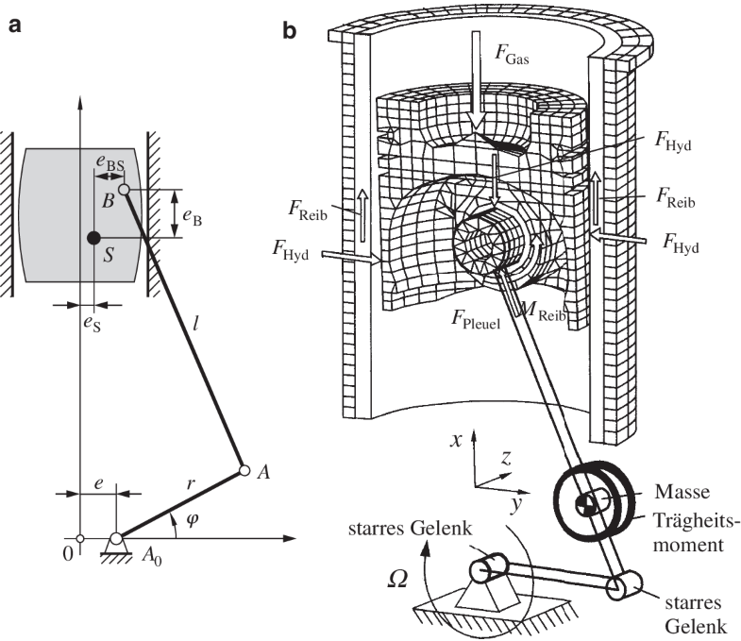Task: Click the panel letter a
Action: [x=15, y=27]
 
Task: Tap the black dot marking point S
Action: [x=92, y=238]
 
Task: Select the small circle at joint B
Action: [x=124, y=190]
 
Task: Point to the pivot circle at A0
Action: [x=115, y=539]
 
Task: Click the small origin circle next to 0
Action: [x=81, y=539]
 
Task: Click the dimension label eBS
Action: [x=109, y=164]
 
